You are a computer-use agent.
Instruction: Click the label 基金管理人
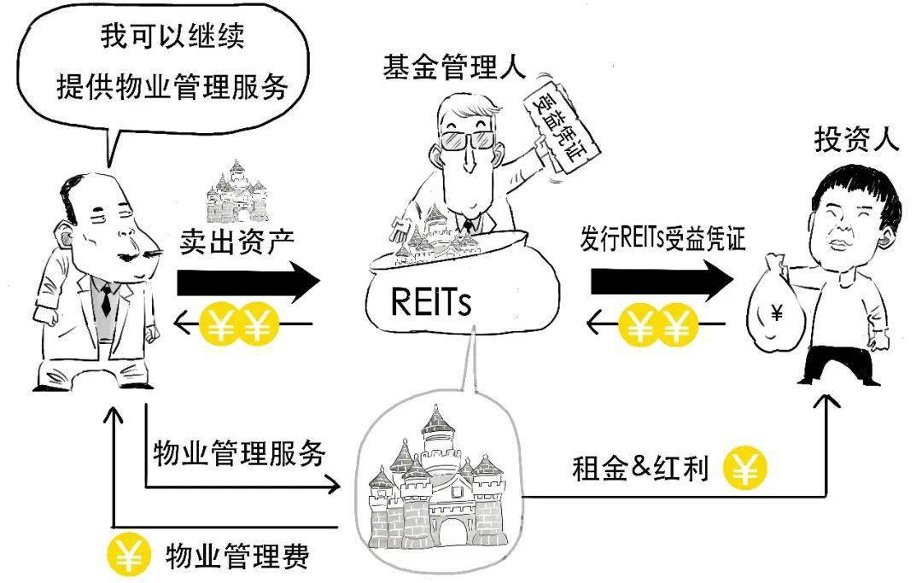pyautogui.click(x=454, y=67)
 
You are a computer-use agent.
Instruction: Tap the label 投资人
pyautogui.click(x=857, y=139)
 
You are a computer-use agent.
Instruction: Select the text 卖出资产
pyautogui.click(x=237, y=241)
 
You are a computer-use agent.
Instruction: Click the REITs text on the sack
pyautogui.click(x=431, y=302)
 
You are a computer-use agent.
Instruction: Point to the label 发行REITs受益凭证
pyautogui.click(x=662, y=238)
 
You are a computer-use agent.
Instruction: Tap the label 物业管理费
pyautogui.click(x=237, y=556)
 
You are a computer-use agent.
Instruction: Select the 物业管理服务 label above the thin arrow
pyautogui.click(x=239, y=453)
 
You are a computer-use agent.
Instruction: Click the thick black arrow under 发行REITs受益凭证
pyautogui.click(x=662, y=282)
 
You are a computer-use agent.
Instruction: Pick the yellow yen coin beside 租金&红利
pyautogui.click(x=744, y=468)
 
